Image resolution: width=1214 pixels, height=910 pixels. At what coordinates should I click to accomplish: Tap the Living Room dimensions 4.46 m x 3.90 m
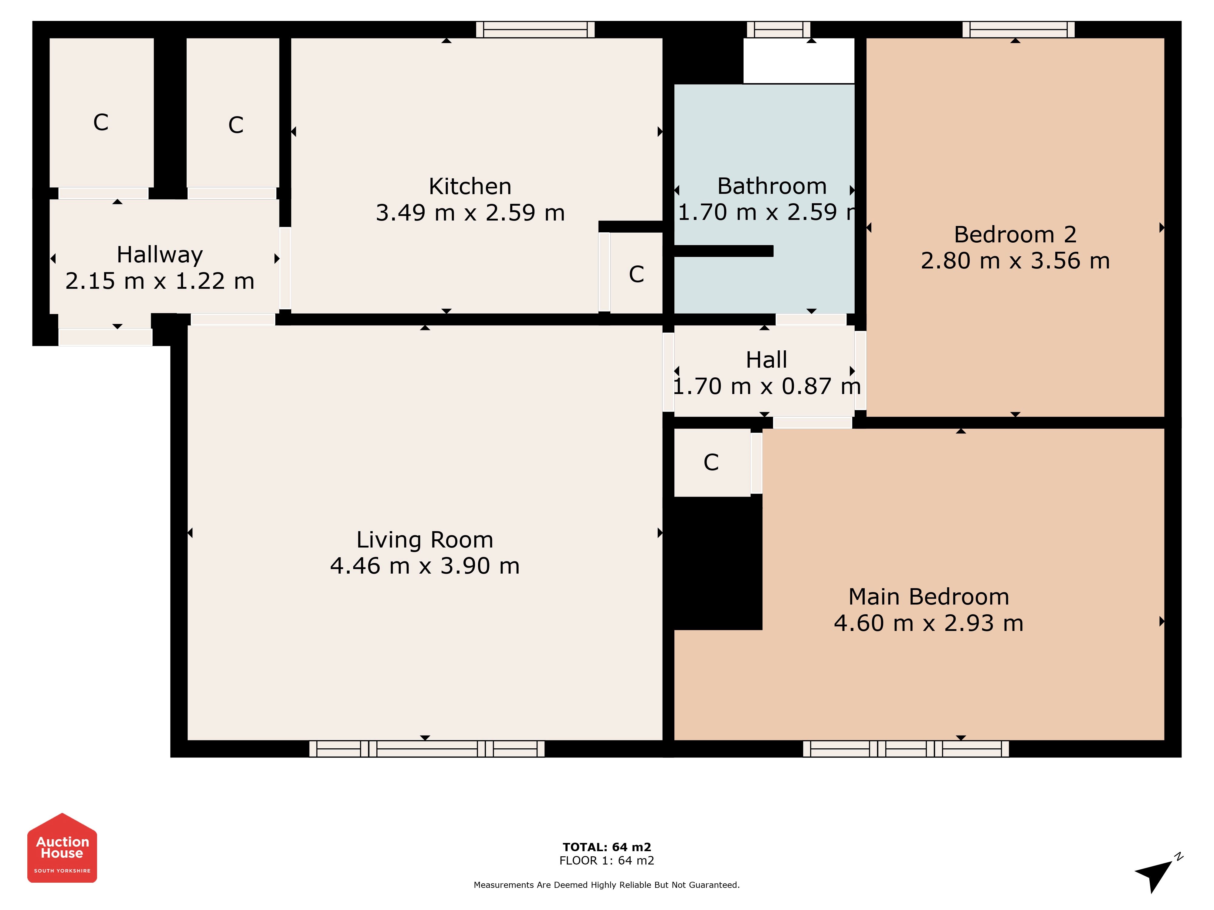coord(425,565)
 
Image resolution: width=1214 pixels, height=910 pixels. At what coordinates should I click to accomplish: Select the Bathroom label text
coord(771,187)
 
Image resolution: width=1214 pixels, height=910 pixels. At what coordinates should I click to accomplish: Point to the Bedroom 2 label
coord(1015,235)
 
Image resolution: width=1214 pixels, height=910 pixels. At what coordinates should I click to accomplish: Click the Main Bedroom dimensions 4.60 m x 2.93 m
coord(929,623)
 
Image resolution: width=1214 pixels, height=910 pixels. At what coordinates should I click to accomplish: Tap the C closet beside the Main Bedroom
coord(711,462)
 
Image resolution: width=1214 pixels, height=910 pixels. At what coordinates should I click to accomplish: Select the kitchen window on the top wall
coord(535,30)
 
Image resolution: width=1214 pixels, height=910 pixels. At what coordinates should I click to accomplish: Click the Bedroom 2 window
coord(1018,30)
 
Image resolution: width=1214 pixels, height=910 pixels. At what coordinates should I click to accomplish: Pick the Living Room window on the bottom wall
coord(427,749)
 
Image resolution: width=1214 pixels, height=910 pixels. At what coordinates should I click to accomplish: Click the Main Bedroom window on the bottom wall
coord(906,749)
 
